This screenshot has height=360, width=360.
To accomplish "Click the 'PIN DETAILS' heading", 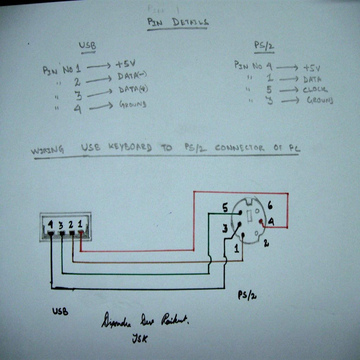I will click(178, 22).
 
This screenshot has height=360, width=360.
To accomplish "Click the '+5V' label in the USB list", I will click(125, 64).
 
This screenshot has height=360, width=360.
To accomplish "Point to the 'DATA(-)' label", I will click(133, 76).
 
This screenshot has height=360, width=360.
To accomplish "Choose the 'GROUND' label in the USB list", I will click(133, 104).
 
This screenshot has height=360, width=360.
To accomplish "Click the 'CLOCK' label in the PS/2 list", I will click(315, 90).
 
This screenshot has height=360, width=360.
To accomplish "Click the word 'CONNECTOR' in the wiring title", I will click(239, 148).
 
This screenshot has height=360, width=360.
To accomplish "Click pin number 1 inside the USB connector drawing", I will click(81, 223).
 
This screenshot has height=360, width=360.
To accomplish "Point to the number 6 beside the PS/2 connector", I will click(270, 204).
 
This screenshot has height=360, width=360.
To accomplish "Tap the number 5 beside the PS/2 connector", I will click(225, 207).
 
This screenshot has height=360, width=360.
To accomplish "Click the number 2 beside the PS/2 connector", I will click(266, 243).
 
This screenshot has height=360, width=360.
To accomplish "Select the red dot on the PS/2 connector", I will click(261, 221).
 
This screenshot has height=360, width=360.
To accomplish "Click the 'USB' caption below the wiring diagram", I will click(60, 311).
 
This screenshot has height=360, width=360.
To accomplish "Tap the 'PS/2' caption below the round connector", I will click(247, 295).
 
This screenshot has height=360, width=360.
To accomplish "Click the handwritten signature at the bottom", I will click(145, 321).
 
